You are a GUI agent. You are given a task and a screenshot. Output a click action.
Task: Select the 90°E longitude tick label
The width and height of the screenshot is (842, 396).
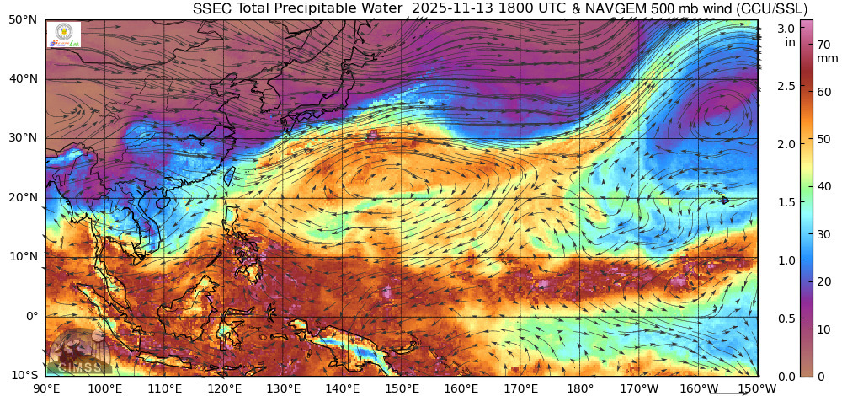click(x=45, y=388)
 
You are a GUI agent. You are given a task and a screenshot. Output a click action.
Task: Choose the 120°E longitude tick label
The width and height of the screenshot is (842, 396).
click(x=224, y=388)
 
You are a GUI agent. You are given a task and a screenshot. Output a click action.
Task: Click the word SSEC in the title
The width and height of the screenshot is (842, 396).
click(x=211, y=8)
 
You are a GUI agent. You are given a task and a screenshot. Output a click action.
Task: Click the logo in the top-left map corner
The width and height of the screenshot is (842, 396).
click(x=65, y=35)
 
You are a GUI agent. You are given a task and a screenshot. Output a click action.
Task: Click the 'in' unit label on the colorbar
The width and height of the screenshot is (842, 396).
click(x=791, y=41)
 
